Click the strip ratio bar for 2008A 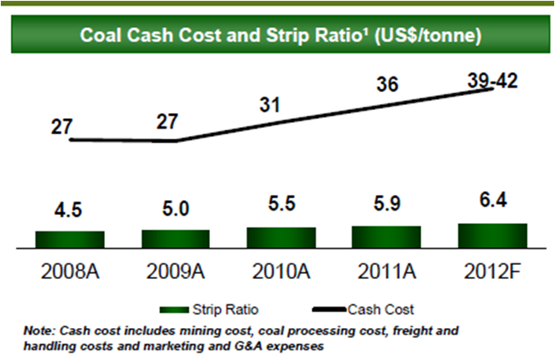tap(70, 239)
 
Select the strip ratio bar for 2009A tap(175, 238)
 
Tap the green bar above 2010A tap(281, 236)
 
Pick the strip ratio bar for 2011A tap(386, 235)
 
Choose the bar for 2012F tap(491, 235)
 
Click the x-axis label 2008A tap(71, 271)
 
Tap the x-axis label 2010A tap(281, 271)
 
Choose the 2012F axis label tap(491, 271)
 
